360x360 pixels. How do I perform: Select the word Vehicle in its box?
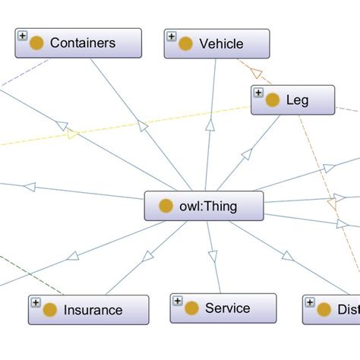[221, 43]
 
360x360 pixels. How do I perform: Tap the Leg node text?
[298, 99]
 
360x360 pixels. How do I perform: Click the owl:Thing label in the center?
[210, 206]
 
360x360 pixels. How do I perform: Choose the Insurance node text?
[93, 310]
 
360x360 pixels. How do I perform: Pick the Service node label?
[227, 308]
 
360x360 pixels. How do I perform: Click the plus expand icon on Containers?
[22, 36]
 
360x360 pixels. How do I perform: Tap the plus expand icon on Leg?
[257, 92]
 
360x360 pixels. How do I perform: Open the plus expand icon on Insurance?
[35, 302]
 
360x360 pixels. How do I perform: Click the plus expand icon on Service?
[177, 301]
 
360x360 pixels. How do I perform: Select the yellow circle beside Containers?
[36, 43]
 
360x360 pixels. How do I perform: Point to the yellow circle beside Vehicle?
[185, 43]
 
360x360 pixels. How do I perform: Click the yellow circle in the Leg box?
[272, 99]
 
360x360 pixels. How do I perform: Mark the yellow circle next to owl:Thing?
[165, 206]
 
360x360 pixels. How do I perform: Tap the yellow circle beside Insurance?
[49, 310]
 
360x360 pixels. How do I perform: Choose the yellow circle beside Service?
[191, 308]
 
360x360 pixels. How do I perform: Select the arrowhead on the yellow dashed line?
[72, 134]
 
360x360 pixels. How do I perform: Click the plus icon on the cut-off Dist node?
[309, 302]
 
